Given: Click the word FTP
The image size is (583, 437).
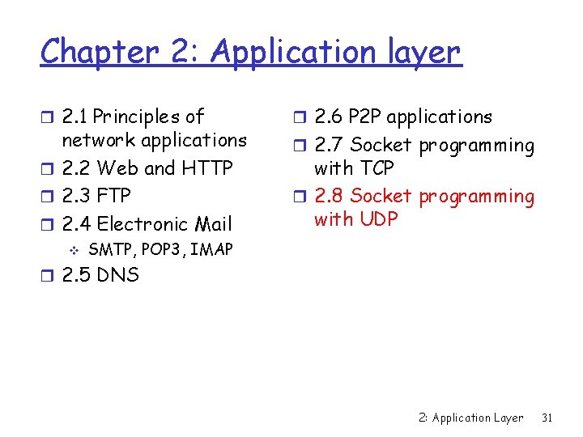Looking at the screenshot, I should [x=113, y=196].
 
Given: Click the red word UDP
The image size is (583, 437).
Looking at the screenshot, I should [x=377, y=218].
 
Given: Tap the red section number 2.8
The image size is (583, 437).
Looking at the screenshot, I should [x=329, y=196].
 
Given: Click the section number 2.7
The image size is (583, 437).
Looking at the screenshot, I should [x=329, y=146].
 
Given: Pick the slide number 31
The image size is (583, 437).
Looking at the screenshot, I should [x=547, y=418].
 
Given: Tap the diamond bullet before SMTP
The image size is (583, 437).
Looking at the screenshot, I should [x=74, y=249].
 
